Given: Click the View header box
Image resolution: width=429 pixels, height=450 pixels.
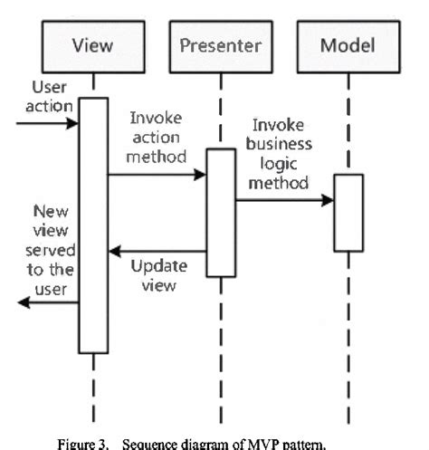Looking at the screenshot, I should (92, 43).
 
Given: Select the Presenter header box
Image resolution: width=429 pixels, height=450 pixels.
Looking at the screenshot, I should (219, 43).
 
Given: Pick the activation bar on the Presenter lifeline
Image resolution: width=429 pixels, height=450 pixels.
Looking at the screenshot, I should (219, 213).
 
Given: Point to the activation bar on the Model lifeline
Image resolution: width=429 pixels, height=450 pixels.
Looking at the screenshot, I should (348, 212).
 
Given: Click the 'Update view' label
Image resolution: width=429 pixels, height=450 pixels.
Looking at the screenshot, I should (159, 273).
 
